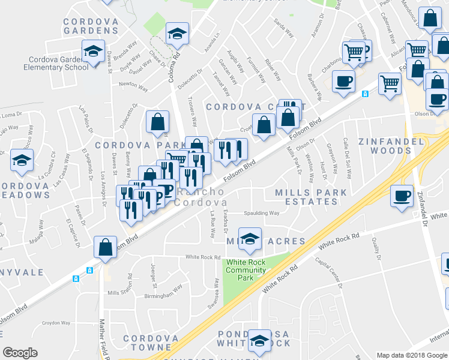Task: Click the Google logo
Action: [20, 353]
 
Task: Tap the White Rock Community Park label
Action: [246, 270]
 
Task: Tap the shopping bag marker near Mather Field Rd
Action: [105, 248]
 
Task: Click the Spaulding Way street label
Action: [261, 213]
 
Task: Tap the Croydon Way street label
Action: [56, 323]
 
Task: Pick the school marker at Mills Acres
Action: [250, 239]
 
